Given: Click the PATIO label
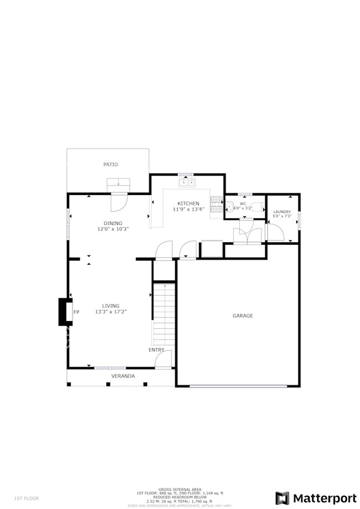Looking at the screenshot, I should pos(111,164).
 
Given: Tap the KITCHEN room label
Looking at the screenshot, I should pos(188,203).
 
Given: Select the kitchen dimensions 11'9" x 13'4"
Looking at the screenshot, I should pos(188,209).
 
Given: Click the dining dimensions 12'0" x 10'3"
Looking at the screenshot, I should pos(109,229).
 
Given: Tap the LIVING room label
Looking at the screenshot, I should pos(111,306).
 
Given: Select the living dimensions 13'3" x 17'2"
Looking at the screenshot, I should pos(111,312).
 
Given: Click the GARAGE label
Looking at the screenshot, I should pos(243,316).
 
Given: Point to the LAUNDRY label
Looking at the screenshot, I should pos(282,212).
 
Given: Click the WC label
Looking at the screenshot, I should pos(242,203).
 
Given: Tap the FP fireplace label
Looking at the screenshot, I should pos(76,312).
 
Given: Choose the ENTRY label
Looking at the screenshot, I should pos(156,349).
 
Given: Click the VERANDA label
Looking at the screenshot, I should pos(123,376).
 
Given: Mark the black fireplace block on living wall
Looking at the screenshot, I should pos(65,312).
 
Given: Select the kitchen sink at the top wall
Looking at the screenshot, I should pos(186,181).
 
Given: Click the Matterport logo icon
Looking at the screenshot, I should pos(282,497).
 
